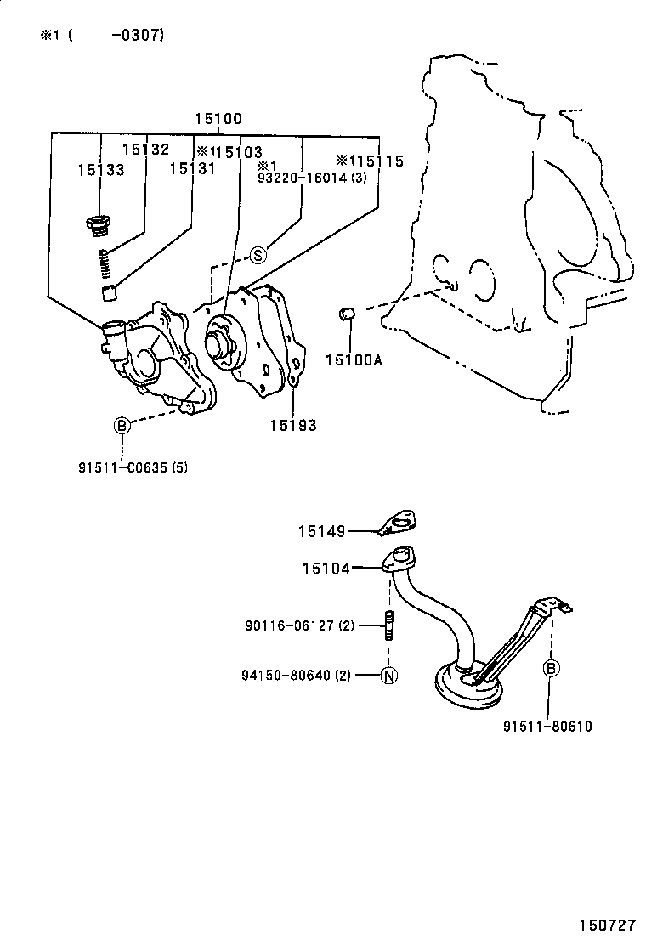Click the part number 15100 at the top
tap(218, 120)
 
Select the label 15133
tap(100, 169)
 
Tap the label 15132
tap(145, 149)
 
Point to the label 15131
tap(192, 168)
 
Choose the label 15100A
tap(354, 359)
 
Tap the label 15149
tap(321, 532)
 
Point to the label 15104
tap(326, 569)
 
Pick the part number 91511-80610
tap(547, 726)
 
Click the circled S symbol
tap(258, 253)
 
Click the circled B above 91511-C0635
tap(122, 425)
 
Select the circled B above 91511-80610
tap(550, 668)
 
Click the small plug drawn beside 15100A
tap(346, 314)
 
